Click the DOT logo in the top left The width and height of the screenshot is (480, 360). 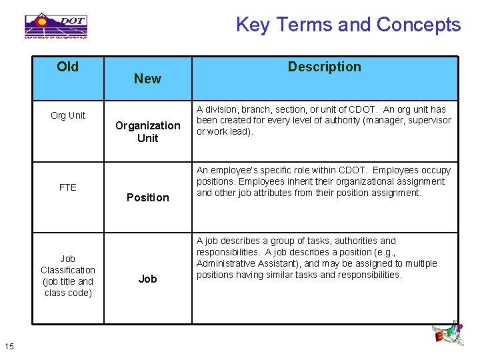tap(56, 25)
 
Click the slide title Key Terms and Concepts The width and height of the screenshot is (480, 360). tap(348, 25)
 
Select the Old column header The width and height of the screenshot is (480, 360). tap(67, 67)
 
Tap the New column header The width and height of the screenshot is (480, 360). tap(147, 79)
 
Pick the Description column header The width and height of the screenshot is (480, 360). tap(324, 67)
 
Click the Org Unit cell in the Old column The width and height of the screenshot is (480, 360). tap(68, 115)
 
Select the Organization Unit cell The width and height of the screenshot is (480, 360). tap(147, 131)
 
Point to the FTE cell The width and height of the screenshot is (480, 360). tap(68, 187)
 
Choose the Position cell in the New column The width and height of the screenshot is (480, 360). tap(147, 197)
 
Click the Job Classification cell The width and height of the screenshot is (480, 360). tap(68, 275)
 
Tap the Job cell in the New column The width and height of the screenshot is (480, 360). tap(147, 279)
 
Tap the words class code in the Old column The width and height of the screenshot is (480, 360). tap(68, 293)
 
